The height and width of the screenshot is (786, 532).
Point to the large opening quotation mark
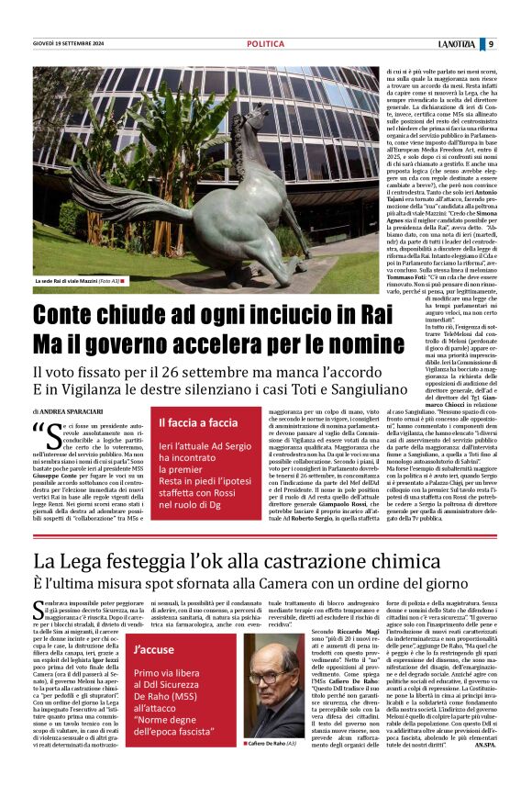(x=40, y=431)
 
